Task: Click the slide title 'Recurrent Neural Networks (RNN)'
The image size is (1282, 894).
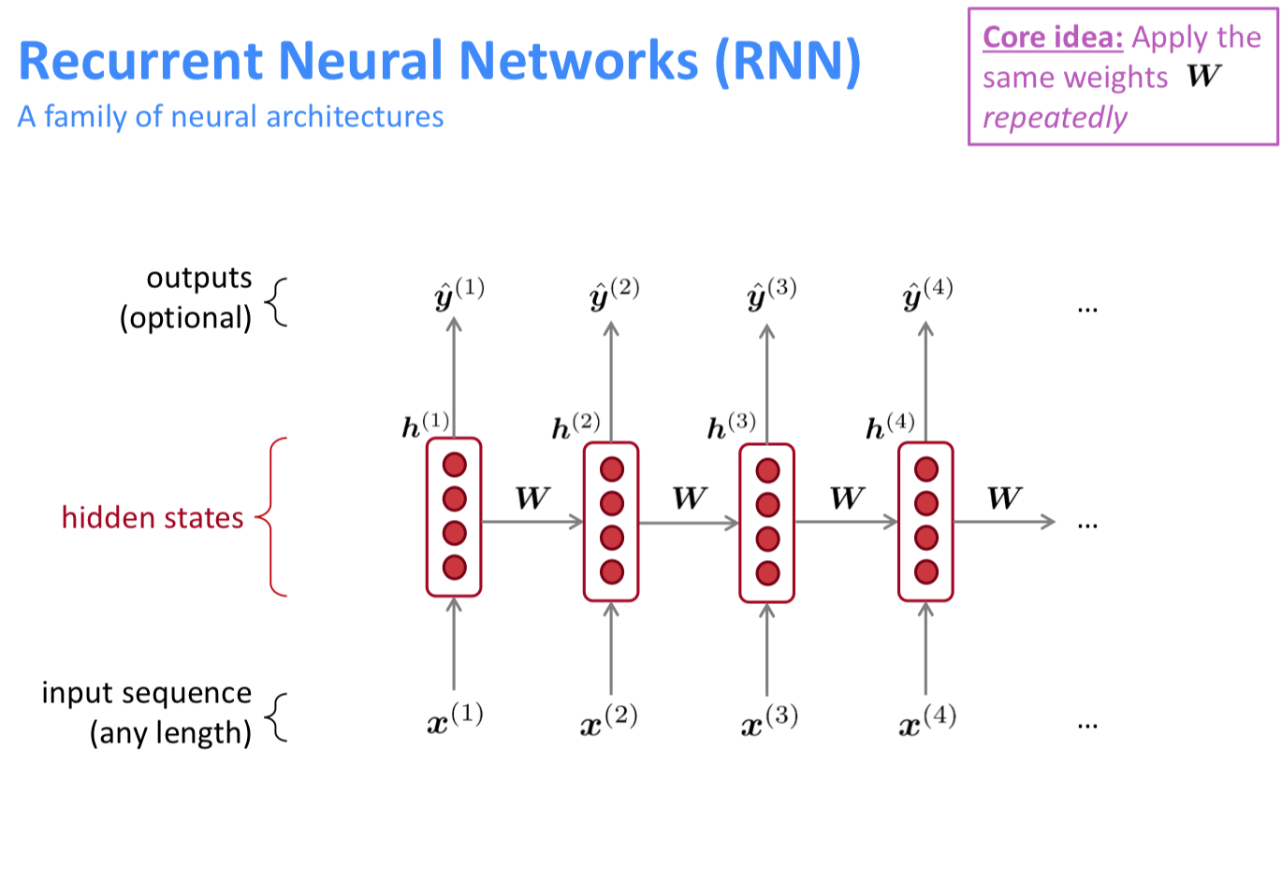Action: click(439, 61)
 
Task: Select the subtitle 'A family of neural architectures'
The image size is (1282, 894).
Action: click(230, 117)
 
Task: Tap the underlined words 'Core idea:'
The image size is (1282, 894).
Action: click(1052, 37)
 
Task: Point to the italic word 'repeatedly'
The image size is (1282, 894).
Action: click(1054, 118)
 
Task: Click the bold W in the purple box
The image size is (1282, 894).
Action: click(1203, 77)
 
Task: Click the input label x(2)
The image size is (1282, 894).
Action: click(609, 720)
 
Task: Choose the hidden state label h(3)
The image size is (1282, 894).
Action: click(731, 425)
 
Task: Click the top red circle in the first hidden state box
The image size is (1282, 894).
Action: click(455, 465)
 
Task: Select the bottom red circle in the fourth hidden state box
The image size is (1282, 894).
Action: click(926, 571)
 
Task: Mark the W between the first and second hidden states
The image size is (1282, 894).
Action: click(532, 497)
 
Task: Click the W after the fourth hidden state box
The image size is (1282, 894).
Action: click(1004, 497)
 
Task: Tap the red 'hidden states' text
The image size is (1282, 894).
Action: click(153, 517)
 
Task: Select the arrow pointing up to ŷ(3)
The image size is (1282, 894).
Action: click(767, 383)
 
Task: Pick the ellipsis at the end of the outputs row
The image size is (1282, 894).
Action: click(1086, 308)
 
